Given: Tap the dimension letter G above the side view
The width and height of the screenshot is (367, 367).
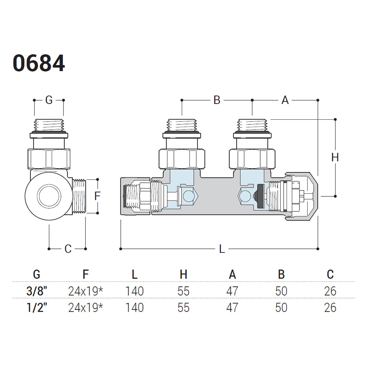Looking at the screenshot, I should click(49, 100).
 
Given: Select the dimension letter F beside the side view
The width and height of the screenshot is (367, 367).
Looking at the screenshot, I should click(97, 196).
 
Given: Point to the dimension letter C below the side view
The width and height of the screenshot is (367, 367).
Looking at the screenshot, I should click(68, 249).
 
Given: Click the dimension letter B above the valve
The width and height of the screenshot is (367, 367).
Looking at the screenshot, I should click(217, 100).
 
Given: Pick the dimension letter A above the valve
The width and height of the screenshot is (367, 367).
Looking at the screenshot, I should click(285, 100).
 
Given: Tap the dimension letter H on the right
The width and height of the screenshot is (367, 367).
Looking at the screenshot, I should click(335, 157).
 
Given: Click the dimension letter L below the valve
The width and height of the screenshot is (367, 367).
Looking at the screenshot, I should click(222, 249).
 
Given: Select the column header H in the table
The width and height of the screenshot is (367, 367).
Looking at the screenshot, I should click(183, 274).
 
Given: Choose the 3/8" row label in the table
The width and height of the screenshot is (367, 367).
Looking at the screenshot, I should click(37, 291).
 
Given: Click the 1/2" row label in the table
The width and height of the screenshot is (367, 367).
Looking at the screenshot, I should click(37, 307).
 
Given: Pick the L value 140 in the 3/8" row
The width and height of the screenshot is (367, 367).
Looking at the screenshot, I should click(134, 291).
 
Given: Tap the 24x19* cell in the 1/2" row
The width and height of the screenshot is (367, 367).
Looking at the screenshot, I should click(85, 307).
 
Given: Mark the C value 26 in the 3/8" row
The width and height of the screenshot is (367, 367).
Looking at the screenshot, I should click(330, 291).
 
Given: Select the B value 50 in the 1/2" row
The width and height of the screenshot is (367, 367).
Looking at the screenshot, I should click(281, 307).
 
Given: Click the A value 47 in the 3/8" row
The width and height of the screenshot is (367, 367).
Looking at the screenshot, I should click(232, 291).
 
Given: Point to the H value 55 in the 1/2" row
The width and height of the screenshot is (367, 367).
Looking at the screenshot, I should click(183, 307).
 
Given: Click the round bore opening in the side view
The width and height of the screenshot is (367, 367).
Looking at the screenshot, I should click(48, 195).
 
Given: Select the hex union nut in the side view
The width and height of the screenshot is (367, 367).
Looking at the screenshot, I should click(49, 159).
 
